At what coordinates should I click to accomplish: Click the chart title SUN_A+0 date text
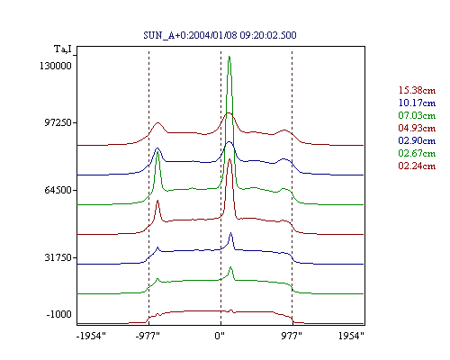pyautogui.click(x=220, y=35)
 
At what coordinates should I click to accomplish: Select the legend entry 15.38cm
pyautogui.click(x=417, y=90)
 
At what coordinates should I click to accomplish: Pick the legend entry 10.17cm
pyautogui.click(x=417, y=103)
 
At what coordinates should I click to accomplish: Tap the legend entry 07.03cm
pyautogui.click(x=417, y=115)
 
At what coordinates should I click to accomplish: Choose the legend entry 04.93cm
pyautogui.click(x=417, y=128)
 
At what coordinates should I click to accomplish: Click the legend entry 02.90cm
pyautogui.click(x=417, y=140)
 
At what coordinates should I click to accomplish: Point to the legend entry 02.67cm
pyautogui.click(x=417, y=153)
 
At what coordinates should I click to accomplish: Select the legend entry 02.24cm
pyautogui.click(x=417, y=166)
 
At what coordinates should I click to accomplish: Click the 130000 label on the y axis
pyautogui.click(x=56, y=66)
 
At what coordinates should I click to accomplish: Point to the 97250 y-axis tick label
pyautogui.click(x=58, y=122)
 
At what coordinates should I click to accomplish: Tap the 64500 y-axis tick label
pyautogui.click(x=58, y=190)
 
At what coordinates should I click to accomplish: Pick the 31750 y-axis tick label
pyautogui.click(x=58, y=257)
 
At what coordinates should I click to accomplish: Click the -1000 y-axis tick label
pyautogui.click(x=59, y=314)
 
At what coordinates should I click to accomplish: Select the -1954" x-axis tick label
pyautogui.click(x=91, y=336)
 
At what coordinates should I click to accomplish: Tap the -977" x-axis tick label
pyautogui.click(x=148, y=336)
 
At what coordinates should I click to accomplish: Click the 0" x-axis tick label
pyautogui.click(x=220, y=336)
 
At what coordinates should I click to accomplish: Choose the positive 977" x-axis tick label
pyautogui.click(x=292, y=336)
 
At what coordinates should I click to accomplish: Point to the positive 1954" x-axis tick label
pyautogui.click(x=351, y=336)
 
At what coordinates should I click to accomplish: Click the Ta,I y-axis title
pyautogui.click(x=63, y=49)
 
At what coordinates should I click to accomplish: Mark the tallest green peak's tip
pyautogui.click(x=229, y=56)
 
